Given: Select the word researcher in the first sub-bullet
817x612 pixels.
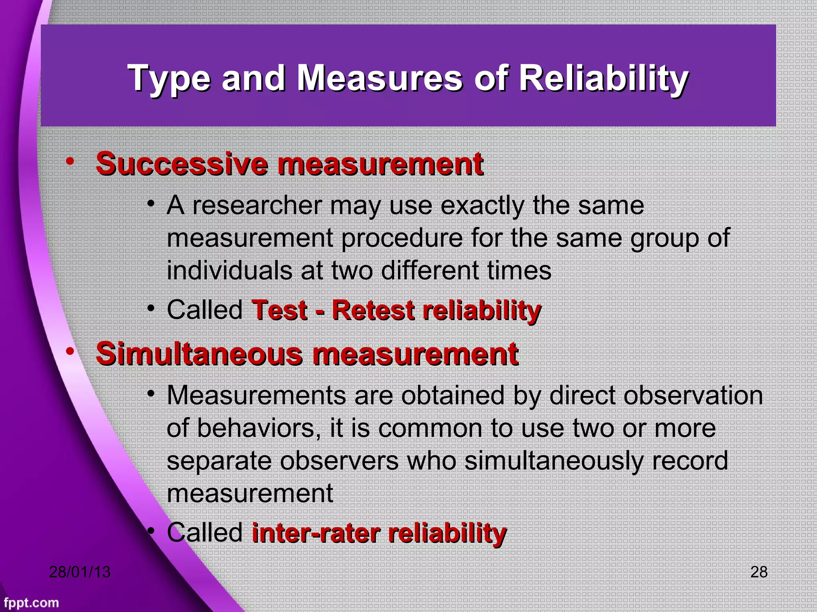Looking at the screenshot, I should tap(258, 206).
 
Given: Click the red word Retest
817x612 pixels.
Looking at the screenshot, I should tap(373, 310).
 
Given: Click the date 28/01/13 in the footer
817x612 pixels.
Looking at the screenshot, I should tap(79, 572).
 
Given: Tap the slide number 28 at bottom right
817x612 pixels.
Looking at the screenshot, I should tap(758, 572).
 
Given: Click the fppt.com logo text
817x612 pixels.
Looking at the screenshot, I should tap(31, 603).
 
